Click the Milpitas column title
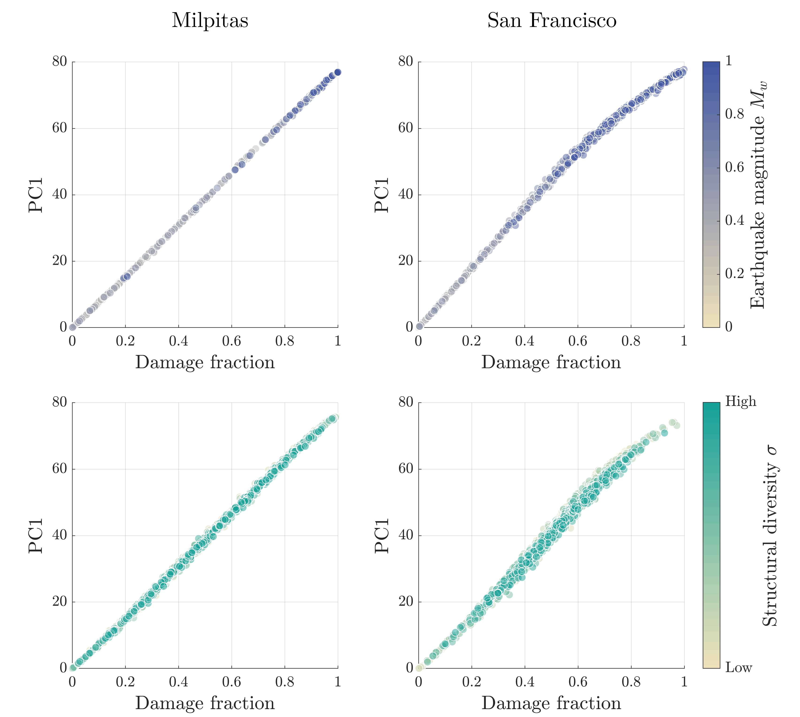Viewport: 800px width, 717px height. (x=210, y=20)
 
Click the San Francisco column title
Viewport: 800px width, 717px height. (x=552, y=20)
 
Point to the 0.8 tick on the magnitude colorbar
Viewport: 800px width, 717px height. (x=735, y=114)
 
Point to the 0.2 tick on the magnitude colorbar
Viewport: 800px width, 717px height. (x=735, y=273)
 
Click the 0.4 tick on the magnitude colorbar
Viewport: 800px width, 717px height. (x=735, y=220)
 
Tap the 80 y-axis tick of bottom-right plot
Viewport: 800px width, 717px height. (x=406, y=402)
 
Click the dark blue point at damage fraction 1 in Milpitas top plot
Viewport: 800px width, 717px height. (x=337, y=72)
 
